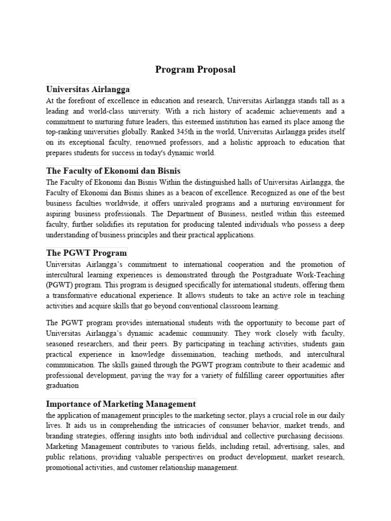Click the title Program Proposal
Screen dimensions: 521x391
(195, 70)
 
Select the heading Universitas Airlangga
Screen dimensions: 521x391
(88, 89)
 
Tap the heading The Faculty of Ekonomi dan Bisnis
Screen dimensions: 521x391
(113, 170)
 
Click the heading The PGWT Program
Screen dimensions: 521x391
(87, 253)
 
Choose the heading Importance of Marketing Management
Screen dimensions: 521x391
(121, 404)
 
